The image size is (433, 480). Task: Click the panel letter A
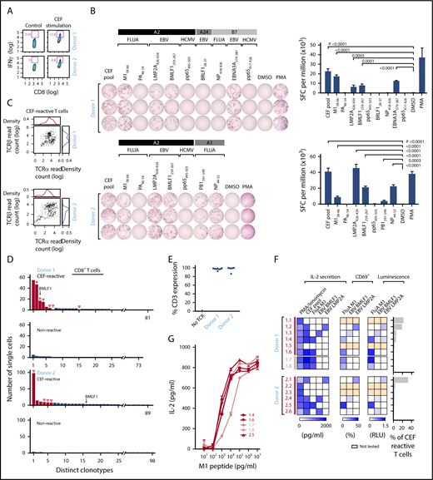[x=5, y=6]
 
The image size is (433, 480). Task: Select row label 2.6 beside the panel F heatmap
[x=288, y=446]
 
